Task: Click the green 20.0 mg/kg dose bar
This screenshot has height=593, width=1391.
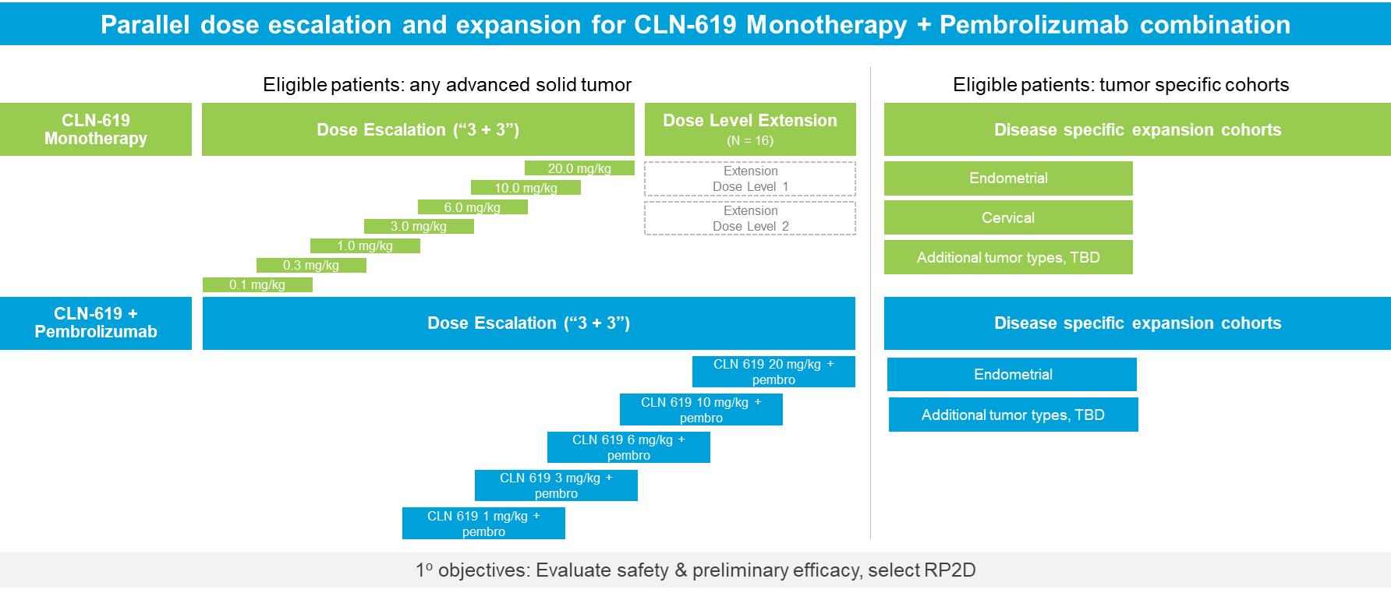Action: click(579, 168)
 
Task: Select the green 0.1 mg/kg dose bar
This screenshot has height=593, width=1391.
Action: click(257, 285)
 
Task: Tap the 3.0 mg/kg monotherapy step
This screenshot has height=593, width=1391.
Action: click(419, 227)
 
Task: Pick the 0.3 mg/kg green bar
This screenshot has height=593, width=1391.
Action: click(311, 266)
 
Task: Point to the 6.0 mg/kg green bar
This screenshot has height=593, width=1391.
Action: click(473, 207)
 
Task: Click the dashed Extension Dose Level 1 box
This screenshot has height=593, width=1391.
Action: click(750, 178)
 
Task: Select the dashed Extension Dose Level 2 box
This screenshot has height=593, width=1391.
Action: click(750, 218)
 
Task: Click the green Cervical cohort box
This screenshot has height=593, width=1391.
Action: click(1008, 217)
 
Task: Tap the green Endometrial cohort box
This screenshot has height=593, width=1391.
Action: click(1008, 178)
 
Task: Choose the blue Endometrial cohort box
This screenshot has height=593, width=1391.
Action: click(1012, 375)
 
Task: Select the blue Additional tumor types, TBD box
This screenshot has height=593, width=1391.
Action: click(1013, 415)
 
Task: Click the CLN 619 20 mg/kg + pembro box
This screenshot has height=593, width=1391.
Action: click(773, 372)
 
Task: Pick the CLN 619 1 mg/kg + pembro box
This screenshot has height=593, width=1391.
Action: click(483, 524)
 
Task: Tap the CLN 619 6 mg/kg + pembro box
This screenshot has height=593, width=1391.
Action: click(628, 447)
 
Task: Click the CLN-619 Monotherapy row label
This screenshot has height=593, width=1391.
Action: click(96, 129)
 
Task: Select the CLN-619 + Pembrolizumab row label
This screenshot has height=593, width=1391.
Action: click(96, 323)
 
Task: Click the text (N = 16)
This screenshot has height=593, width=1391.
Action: click(750, 141)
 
